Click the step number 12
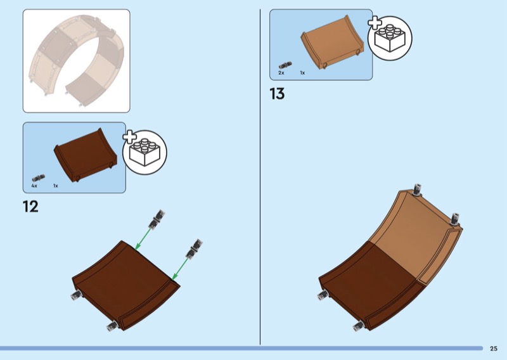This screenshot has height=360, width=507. coord(30,206)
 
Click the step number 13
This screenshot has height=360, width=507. coord(277,94)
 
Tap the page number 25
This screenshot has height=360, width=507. coord(493,348)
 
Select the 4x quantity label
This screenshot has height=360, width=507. coord(34,186)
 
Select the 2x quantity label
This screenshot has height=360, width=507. coord(281,73)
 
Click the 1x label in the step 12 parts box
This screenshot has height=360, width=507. coord(56,186)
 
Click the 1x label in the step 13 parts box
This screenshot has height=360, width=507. coord(302,73)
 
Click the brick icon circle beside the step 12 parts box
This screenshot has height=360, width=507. coord(144,151)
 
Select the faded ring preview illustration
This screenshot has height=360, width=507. coord(77,60)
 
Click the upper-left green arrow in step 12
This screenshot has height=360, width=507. coord(144,237)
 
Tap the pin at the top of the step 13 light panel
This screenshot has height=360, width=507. coord(417,190)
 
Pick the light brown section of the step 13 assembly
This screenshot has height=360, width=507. coord(412,235)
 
